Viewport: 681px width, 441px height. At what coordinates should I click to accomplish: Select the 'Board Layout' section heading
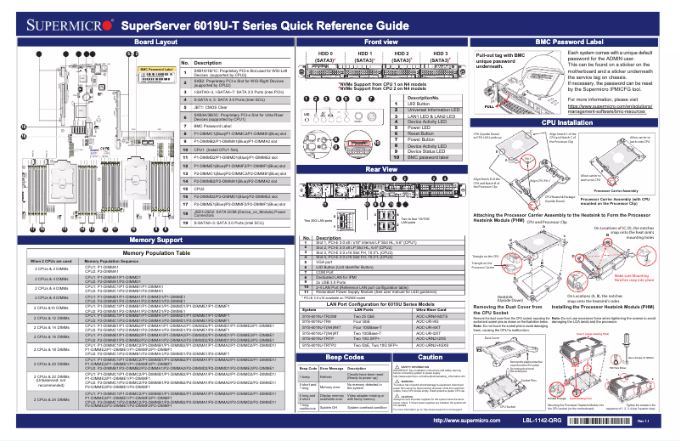[155, 41]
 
